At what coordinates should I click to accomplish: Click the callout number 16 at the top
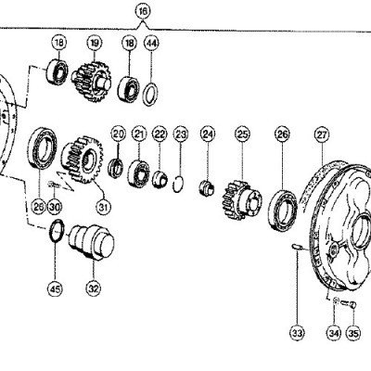coord(143,12)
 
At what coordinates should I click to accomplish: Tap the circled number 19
coord(95,44)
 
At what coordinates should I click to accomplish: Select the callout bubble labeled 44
coord(151,44)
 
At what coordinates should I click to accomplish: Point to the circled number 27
coord(322,134)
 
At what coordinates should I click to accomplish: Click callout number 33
coord(297,333)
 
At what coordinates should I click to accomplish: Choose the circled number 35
coord(353,333)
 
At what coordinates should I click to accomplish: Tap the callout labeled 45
coord(55,289)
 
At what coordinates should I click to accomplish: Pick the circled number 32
coord(94,288)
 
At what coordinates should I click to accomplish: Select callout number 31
coord(103,207)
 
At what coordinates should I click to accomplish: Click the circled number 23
coord(181,134)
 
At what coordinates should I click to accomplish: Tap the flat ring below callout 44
coord(151,94)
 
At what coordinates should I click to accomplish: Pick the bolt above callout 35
coord(348,304)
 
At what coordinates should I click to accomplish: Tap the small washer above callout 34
coord(336,301)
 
